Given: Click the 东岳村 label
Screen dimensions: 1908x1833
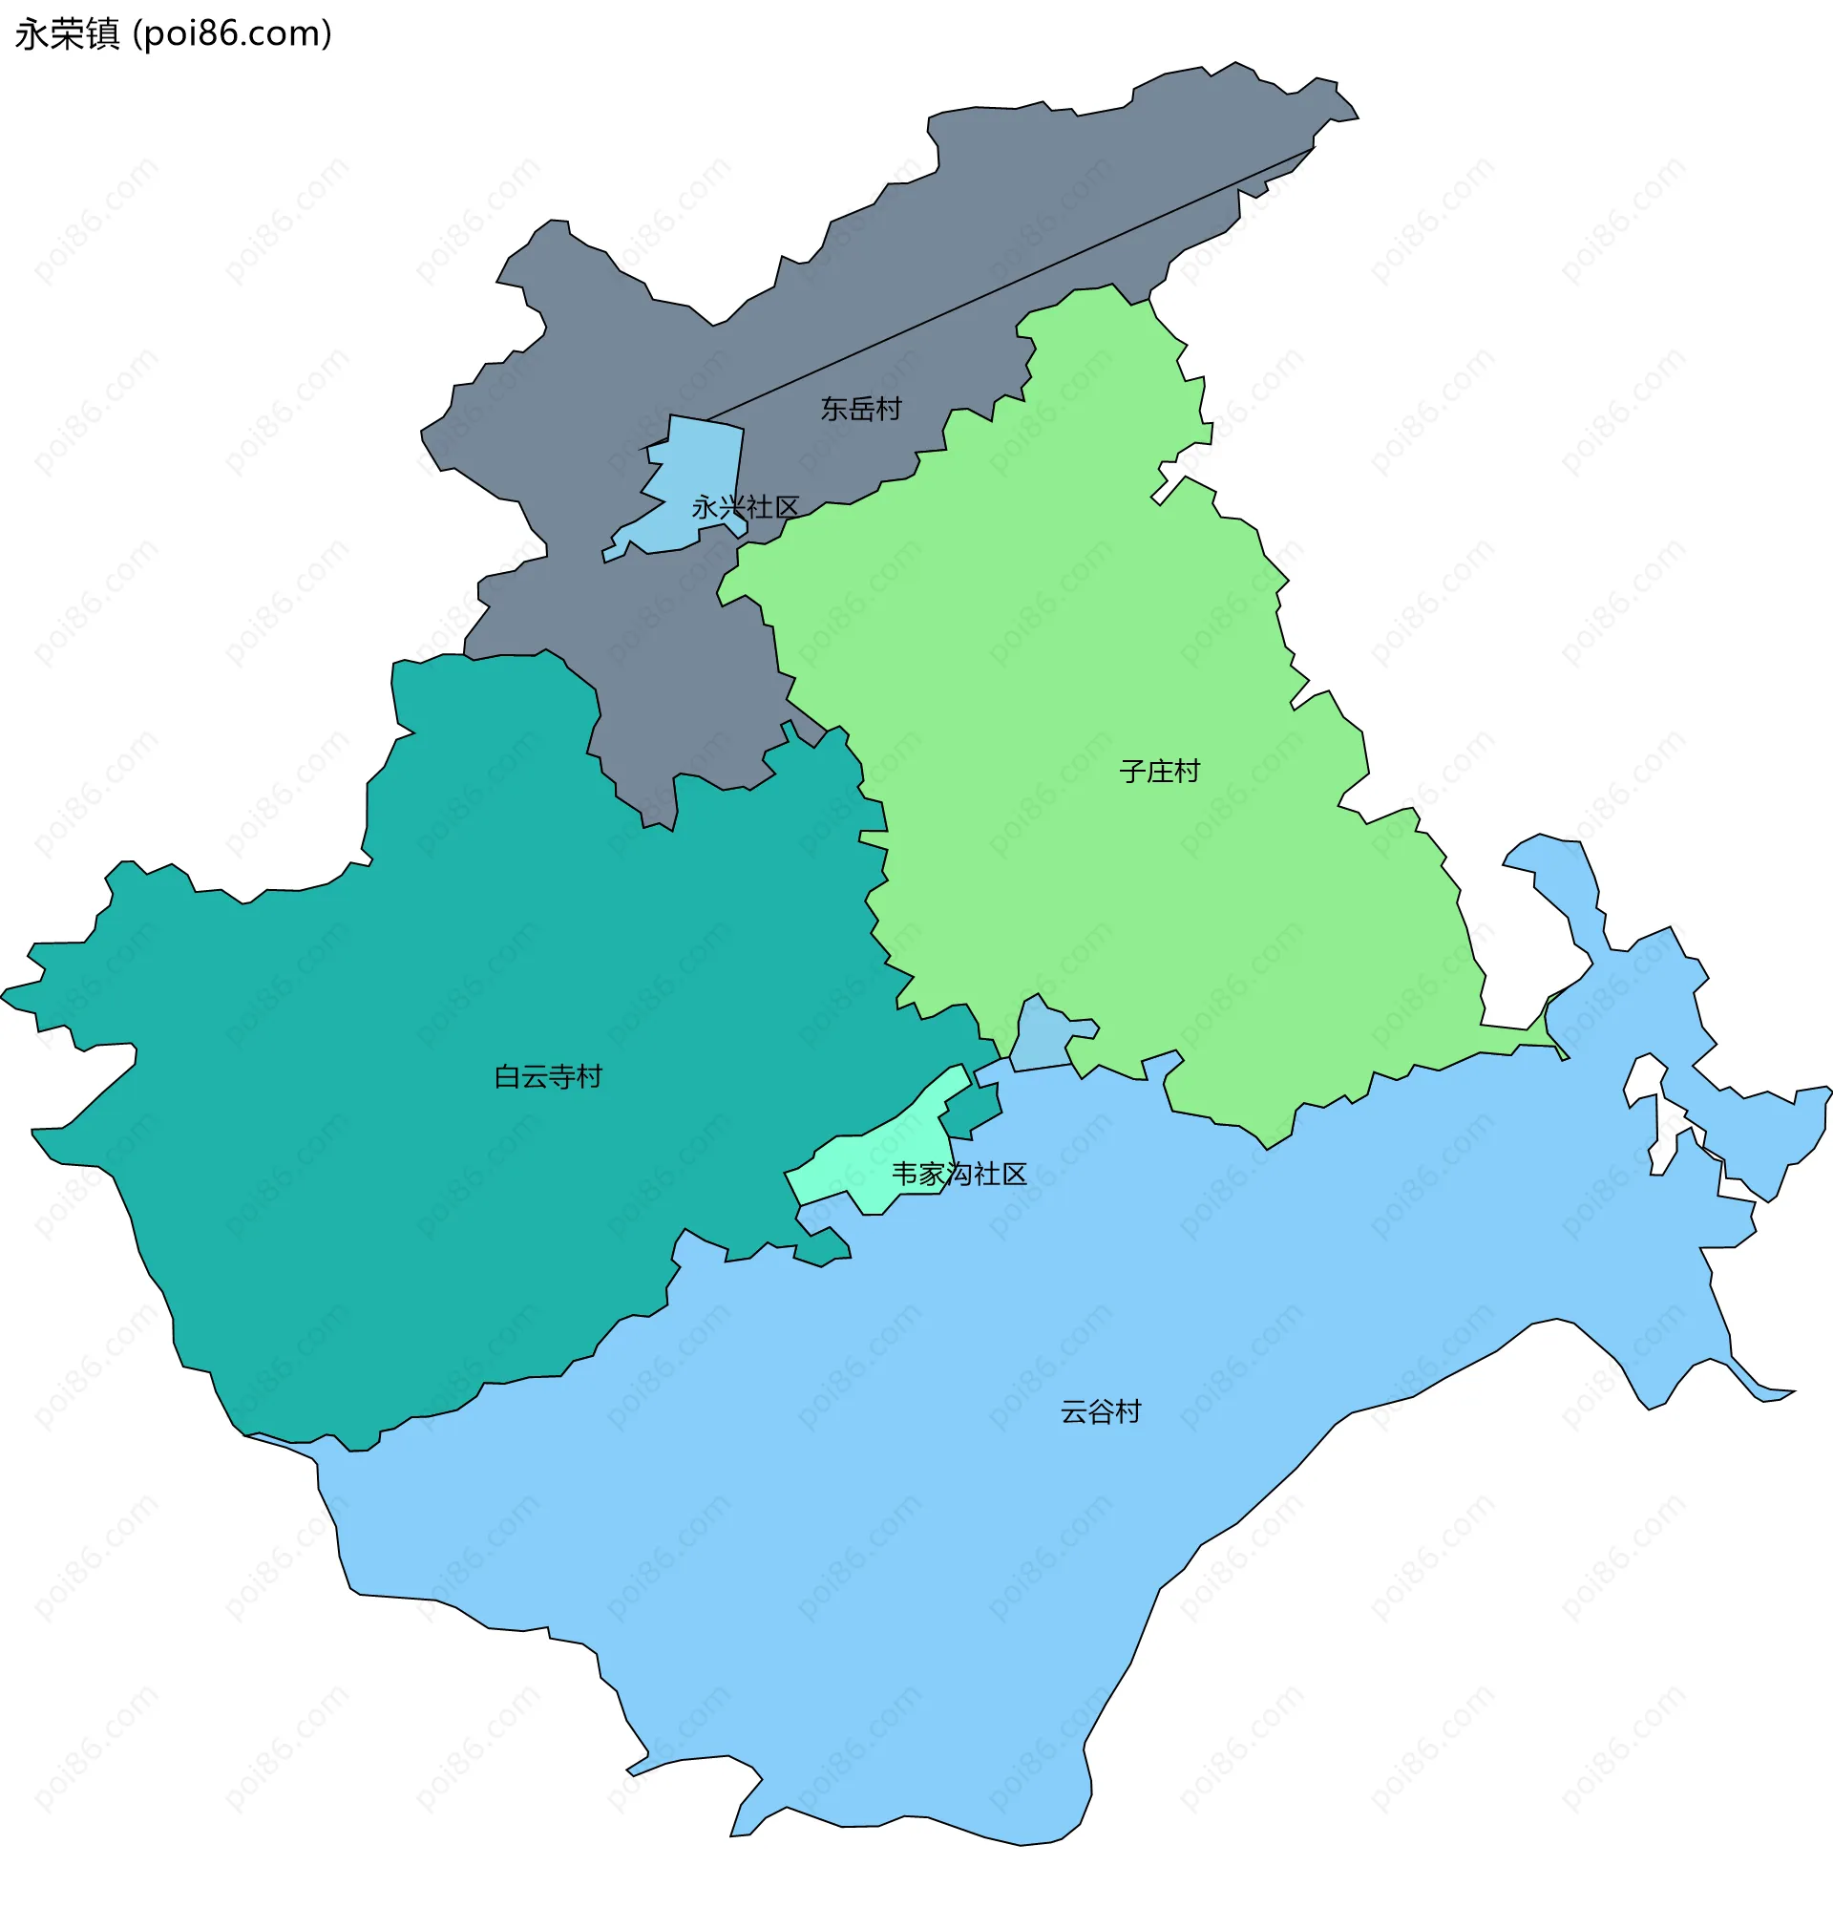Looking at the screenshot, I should coord(860,409).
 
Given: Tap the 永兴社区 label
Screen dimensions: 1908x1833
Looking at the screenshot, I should coord(745,507).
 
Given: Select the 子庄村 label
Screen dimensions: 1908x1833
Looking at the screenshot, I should coord(1159,772).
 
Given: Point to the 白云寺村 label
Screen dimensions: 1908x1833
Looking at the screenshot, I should coord(548,1076).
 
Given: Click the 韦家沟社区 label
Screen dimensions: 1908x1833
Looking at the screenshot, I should coord(959,1174).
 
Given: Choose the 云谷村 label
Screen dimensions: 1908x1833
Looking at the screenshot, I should coord(1100,1412).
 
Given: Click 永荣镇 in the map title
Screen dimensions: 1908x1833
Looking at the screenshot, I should coord(67,34).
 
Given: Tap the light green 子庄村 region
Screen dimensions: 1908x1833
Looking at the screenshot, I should coord(1120,633).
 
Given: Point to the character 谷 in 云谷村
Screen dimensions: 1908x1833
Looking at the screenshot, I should coord(1100,1412).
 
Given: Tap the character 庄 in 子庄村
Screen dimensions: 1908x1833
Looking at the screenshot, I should coord(1159,772).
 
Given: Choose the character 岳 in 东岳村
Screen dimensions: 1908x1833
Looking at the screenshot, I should coord(860,409).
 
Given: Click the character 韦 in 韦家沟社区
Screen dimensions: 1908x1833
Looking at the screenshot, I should coord(904,1174).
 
